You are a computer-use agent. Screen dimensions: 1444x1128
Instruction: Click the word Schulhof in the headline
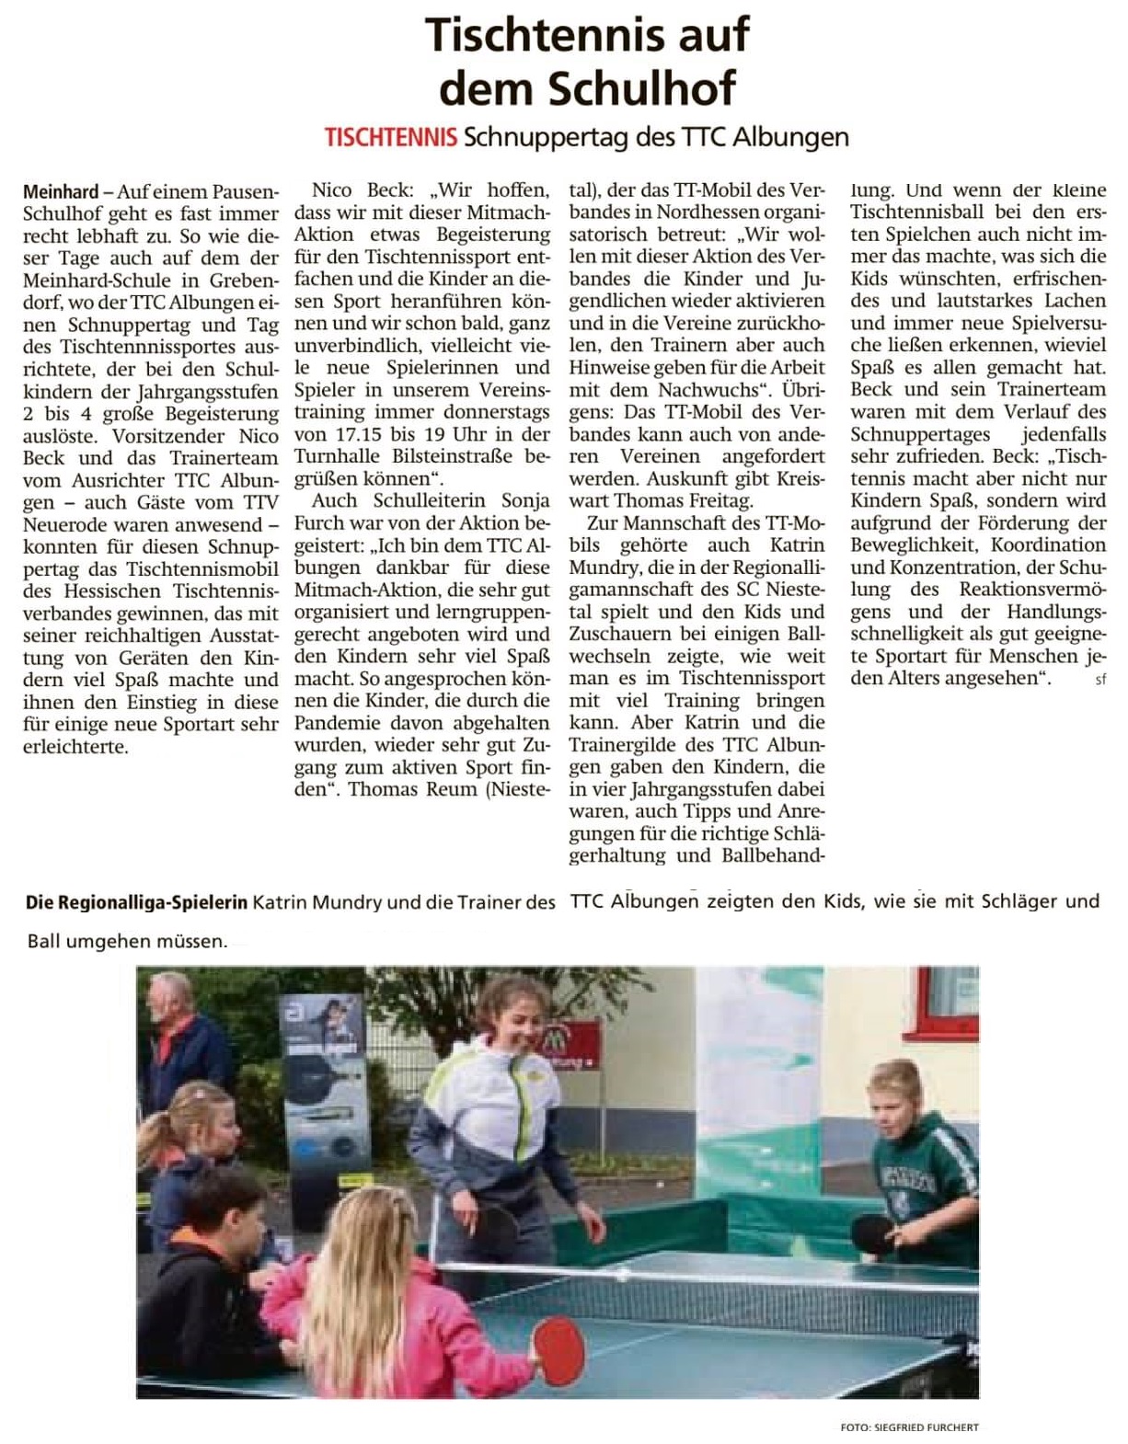coord(641,89)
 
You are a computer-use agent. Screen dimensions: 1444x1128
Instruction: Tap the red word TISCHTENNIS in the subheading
coord(390,138)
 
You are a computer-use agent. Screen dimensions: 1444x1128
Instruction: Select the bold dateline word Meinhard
coord(61,192)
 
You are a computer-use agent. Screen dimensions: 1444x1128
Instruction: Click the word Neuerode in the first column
coord(63,525)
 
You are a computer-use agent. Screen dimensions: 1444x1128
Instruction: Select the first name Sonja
coord(525,500)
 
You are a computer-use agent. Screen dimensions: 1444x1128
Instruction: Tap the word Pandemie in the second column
coord(335,722)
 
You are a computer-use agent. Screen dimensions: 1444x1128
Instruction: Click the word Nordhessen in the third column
coord(681,212)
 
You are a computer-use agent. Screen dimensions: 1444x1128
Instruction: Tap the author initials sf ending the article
coord(1100,680)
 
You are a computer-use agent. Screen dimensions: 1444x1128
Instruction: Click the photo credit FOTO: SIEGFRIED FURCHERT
coord(909,1427)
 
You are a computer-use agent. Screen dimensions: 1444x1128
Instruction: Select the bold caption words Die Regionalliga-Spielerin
coord(136,902)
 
